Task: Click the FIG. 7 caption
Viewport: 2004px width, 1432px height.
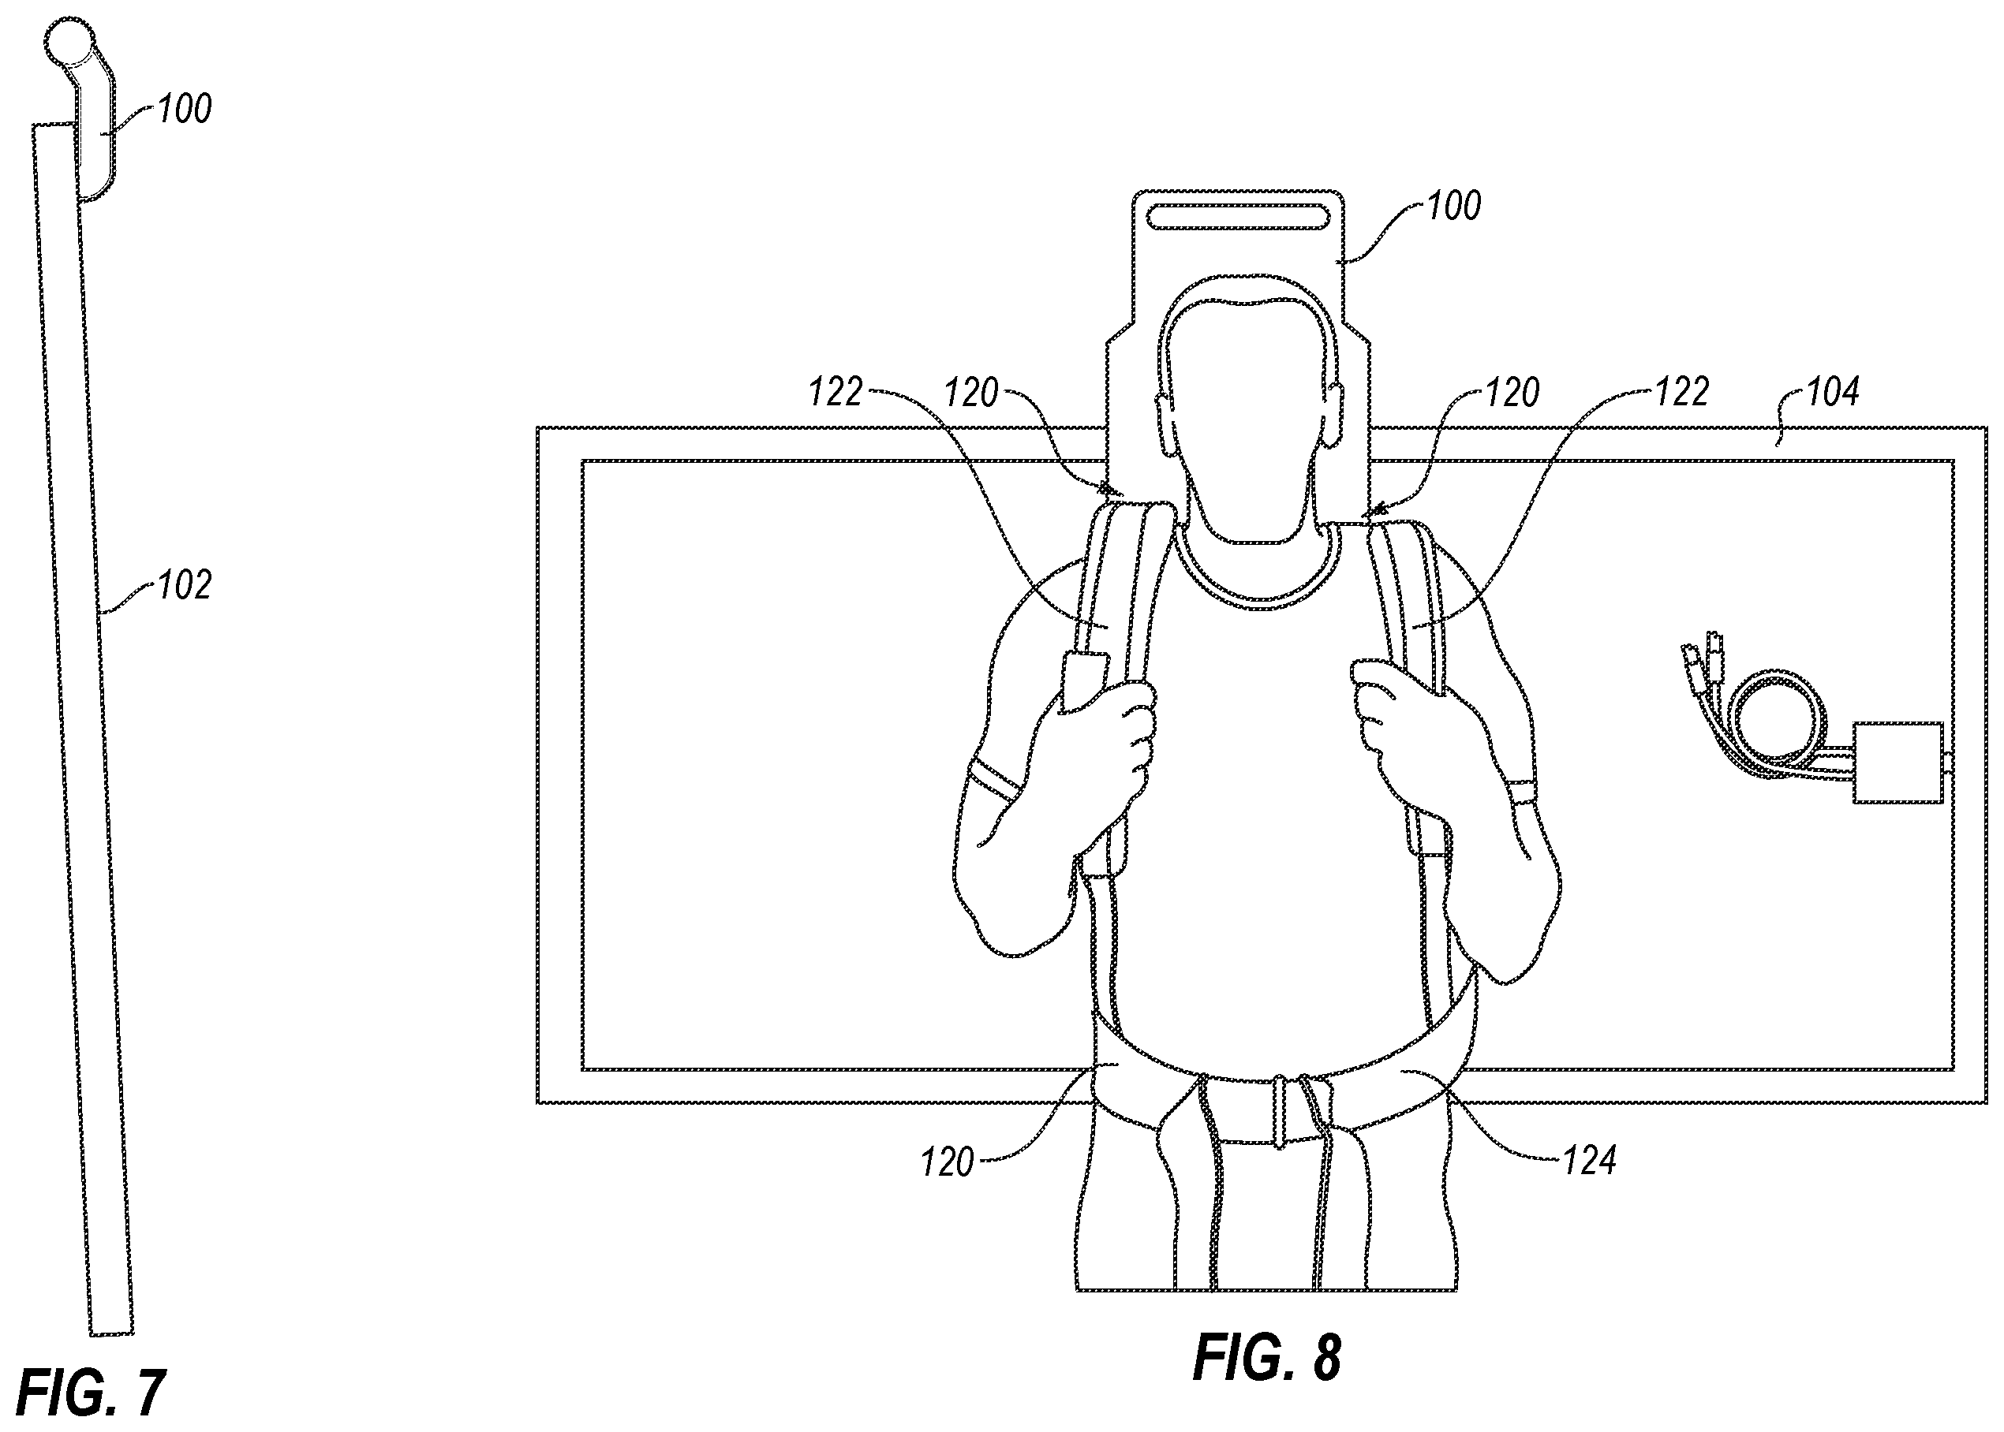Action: pyautogui.click(x=91, y=1393)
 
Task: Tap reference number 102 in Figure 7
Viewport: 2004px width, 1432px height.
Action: pyautogui.click(x=185, y=586)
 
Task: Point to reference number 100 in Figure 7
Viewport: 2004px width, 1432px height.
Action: pyautogui.click(x=185, y=110)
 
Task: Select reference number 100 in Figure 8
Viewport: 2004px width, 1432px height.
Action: pyautogui.click(x=1453, y=206)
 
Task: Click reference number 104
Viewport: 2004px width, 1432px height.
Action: pyautogui.click(x=1832, y=391)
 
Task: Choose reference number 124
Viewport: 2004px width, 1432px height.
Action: pyautogui.click(x=1590, y=1162)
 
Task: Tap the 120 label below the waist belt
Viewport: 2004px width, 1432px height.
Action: pyautogui.click(x=948, y=1163)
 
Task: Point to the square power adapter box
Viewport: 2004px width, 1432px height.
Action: pyautogui.click(x=1897, y=762)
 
